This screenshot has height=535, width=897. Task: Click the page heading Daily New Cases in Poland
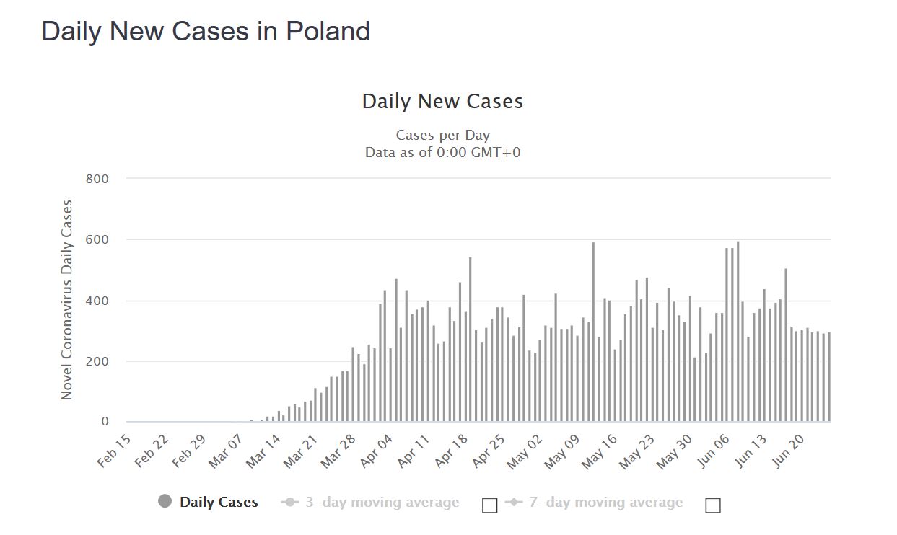click(x=206, y=32)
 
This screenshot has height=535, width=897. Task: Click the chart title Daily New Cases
click(x=442, y=102)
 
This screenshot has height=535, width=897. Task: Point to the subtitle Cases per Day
click(x=442, y=136)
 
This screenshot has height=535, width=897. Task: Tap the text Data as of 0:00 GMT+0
click(x=442, y=152)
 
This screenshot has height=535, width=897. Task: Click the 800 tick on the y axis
click(x=97, y=179)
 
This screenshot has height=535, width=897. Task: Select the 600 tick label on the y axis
click(x=97, y=240)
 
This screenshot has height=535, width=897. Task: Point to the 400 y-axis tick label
click(x=97, y=301)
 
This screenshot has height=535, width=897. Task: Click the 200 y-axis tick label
click(x=97, y=361)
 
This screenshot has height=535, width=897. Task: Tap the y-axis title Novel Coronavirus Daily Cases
click(x=67, y=300)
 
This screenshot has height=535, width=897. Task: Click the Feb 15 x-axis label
click(x=115, y=451)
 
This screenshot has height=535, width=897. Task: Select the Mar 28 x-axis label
click(x=338, y=451)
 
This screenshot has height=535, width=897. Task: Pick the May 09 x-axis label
click(x=562, y=451)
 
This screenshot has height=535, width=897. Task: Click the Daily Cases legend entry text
click(x=219, y=503)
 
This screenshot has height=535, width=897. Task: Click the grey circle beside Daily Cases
click(x=165, y=502)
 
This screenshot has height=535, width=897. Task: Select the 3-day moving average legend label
click(x=382, y=503)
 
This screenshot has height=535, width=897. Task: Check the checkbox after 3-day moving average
click(x=489, y=505)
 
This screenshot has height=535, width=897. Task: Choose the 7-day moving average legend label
click(x=605, y=503)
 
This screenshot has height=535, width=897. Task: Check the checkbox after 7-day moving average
click(x=713, y=505)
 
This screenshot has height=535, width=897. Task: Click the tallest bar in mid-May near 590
click(x=593, y=332)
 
